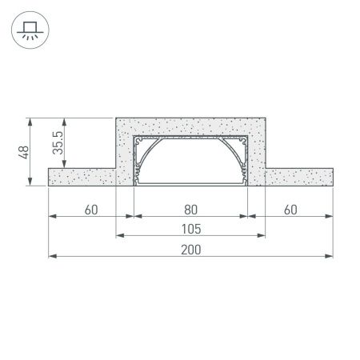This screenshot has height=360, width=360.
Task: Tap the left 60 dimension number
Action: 90,210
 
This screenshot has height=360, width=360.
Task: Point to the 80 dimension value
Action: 190,210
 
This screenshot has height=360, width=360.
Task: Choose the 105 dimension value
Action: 190,230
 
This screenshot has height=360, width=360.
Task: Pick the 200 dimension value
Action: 190,250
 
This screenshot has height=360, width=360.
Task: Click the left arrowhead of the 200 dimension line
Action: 53,257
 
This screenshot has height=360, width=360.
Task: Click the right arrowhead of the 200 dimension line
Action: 330,257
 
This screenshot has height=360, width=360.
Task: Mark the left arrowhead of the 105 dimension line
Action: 120,237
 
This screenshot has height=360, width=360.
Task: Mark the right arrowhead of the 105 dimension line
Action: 262,237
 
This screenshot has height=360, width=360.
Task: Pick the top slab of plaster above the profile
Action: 190,126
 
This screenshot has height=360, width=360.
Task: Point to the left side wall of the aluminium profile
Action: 136,160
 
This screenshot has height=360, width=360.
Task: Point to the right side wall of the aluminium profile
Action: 246,160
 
